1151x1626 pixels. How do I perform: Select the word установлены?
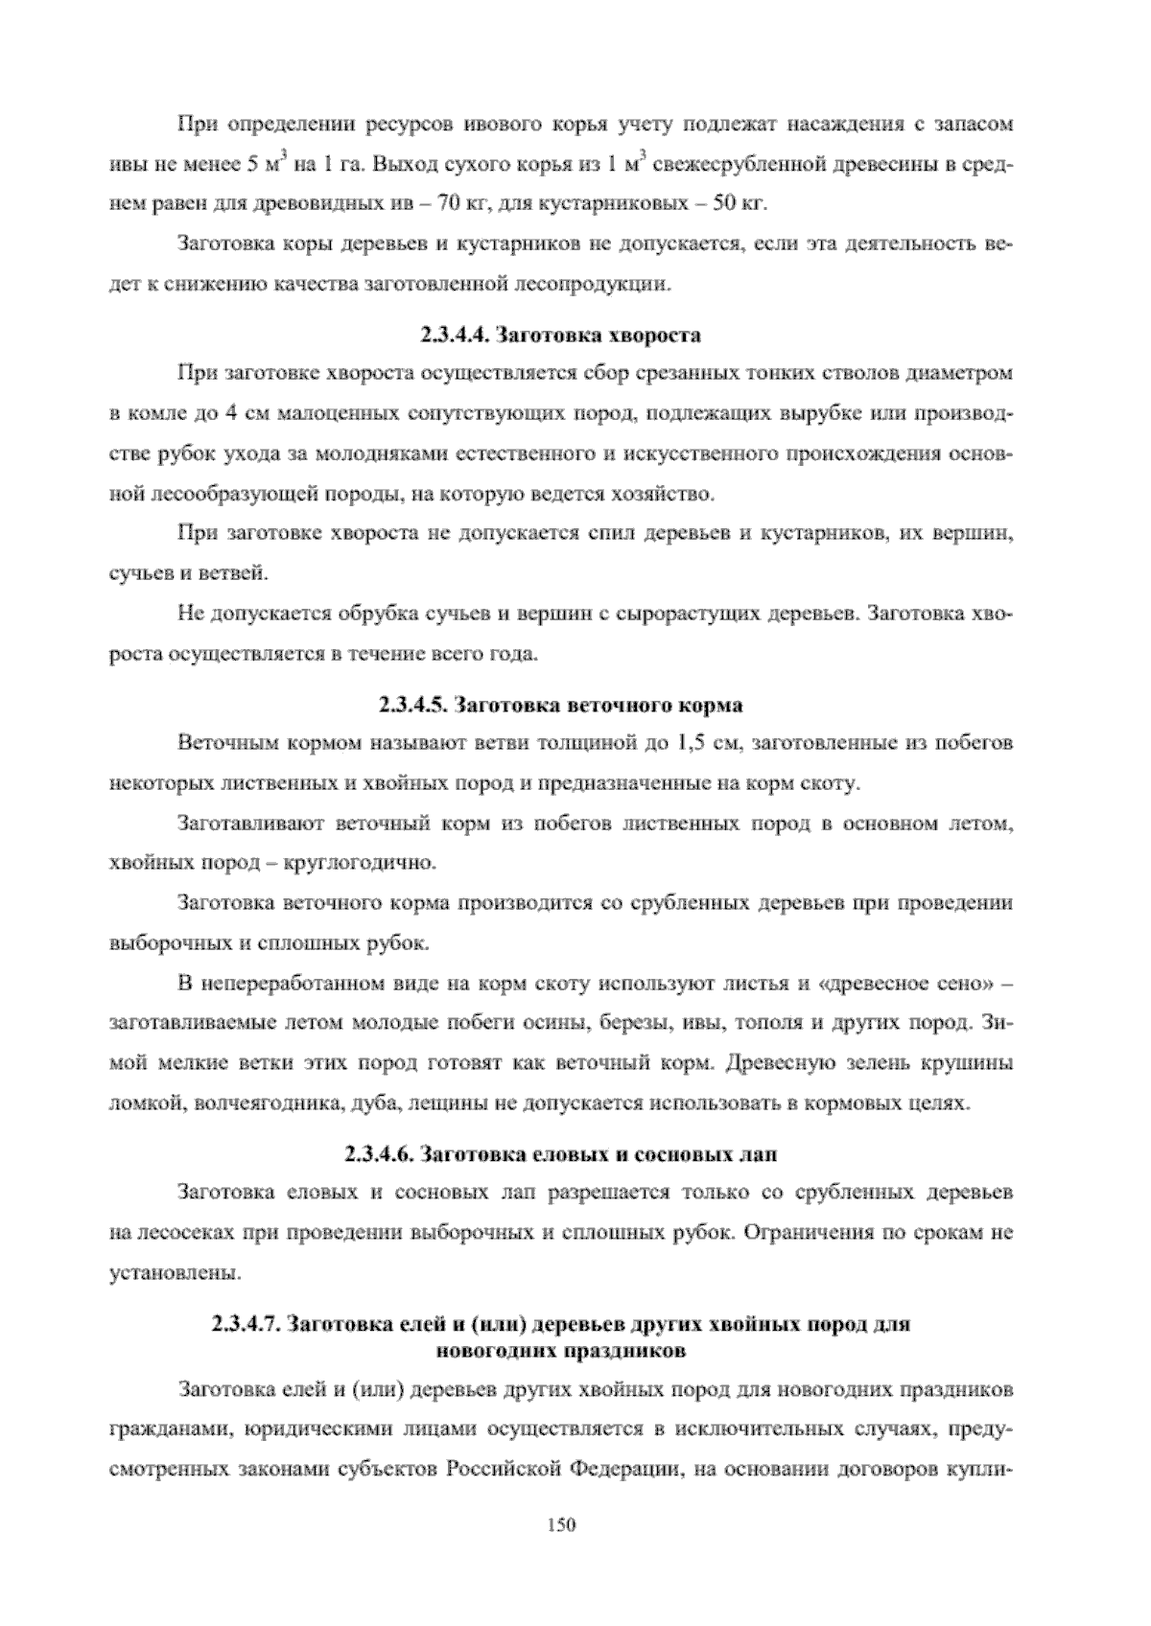pos(174,1273)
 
